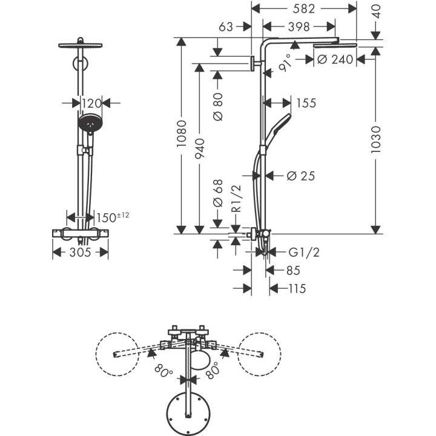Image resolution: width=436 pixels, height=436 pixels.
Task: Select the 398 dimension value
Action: coord(299,27)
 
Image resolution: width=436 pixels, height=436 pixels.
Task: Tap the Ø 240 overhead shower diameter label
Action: coord(335,59)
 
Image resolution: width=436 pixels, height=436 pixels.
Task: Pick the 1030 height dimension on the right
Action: coord(375,139)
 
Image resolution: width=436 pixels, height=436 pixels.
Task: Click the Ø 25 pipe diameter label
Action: coord(302,176)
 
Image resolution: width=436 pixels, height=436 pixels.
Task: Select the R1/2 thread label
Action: coord(237,200)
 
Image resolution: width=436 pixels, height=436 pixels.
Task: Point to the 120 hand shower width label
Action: coord(92,103)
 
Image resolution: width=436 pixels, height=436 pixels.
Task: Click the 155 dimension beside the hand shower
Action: coord(306,103)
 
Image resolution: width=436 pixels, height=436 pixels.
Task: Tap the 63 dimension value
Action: coord(226,27)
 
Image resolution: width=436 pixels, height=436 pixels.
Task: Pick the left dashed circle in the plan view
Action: coord(118,354)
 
